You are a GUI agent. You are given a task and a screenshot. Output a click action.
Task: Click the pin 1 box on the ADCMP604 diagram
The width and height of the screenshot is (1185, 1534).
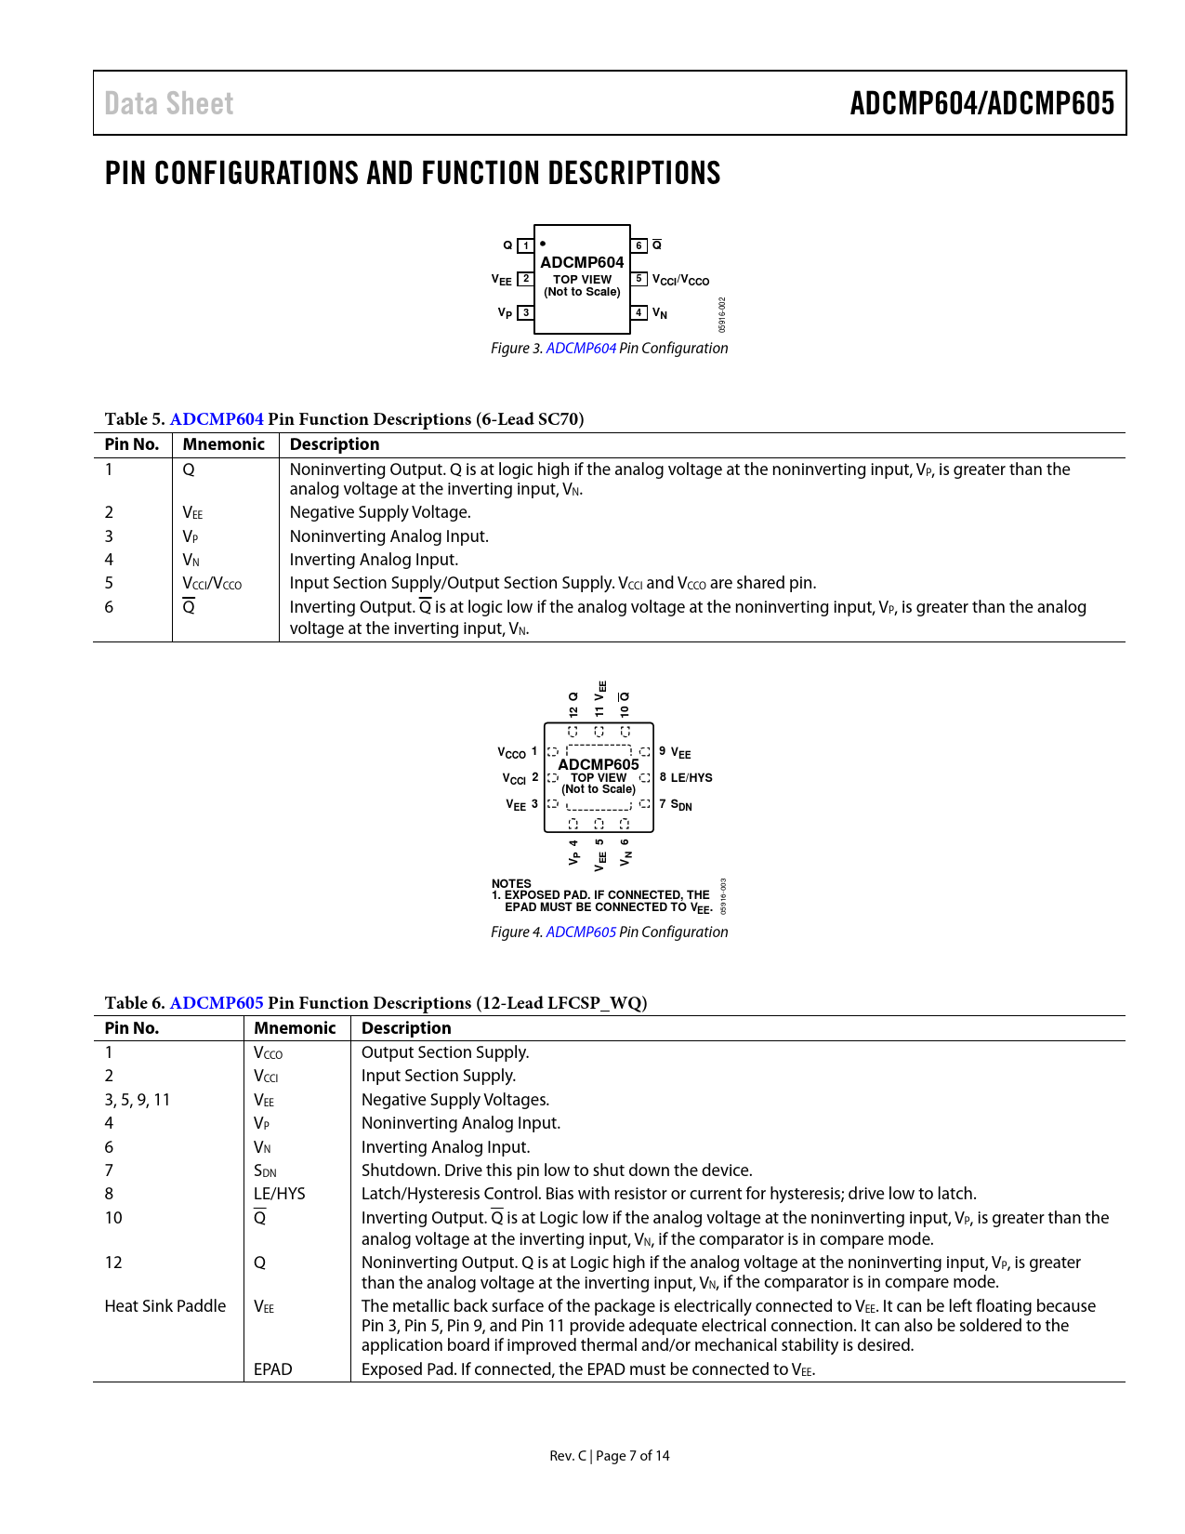[x=526, y=245]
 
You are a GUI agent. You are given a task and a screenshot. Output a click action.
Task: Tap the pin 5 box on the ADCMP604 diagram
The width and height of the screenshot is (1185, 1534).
[x=639, y=279]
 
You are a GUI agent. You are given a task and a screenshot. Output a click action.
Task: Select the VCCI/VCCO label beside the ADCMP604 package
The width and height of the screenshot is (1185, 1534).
[x=680, y=280]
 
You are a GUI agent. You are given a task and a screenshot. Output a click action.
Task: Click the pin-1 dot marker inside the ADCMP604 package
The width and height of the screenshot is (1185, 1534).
[x=543, y=244]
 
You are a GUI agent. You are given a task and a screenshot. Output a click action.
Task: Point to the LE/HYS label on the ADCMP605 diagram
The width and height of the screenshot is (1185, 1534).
[x=691, y=778]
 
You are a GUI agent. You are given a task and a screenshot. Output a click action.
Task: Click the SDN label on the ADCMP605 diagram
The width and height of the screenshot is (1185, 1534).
[x=681, y=804]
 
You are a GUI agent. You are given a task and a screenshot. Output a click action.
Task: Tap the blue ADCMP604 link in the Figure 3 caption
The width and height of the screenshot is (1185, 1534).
[x=581, y=348]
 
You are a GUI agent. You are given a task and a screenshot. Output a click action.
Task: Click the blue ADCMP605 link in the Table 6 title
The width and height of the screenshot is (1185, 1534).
[x=217, y=1002]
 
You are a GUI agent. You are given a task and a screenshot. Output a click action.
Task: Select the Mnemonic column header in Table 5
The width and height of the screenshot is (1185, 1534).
[x=223, y=444]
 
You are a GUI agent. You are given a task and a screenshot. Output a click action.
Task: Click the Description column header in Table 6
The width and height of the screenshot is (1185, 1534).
[x=406, y=1027]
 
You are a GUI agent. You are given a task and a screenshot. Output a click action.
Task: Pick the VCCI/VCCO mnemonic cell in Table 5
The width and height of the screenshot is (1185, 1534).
[x=212, y=584]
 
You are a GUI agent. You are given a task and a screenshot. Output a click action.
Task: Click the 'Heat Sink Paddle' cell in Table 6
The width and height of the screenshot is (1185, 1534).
[x=165, y=1306]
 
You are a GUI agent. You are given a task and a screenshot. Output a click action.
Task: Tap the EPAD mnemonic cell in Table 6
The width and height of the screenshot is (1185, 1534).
[x=273, y=1369]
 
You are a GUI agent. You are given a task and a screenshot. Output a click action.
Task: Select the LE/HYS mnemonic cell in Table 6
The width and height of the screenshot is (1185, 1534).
[x=279, y=1194]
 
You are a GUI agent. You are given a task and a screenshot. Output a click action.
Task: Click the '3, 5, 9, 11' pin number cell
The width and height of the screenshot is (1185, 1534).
[x=138, y=1100]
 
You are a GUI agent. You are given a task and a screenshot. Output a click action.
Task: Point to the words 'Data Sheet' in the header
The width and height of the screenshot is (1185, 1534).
[x=169, y=103]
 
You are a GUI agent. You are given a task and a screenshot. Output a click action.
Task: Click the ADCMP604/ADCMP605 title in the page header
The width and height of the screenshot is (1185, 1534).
[x=981, y=103]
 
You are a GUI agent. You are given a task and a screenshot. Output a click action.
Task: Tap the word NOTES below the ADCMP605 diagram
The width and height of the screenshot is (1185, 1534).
[x=511, y=883]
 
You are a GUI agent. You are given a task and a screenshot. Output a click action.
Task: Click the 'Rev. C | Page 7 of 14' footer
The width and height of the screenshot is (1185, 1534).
[x=609, y=1456]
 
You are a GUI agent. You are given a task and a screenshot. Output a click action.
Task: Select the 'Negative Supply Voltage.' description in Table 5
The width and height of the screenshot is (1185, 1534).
[x=380, y=512]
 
